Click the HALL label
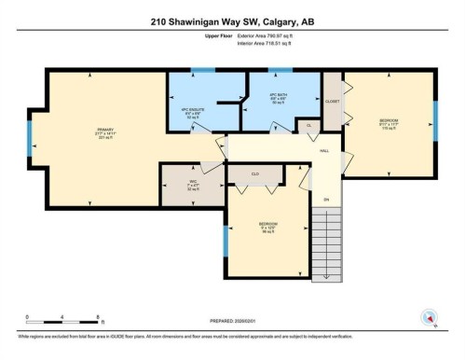324,150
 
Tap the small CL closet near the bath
308,124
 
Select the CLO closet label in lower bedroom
254,173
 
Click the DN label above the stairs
326,200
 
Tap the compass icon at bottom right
431,318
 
